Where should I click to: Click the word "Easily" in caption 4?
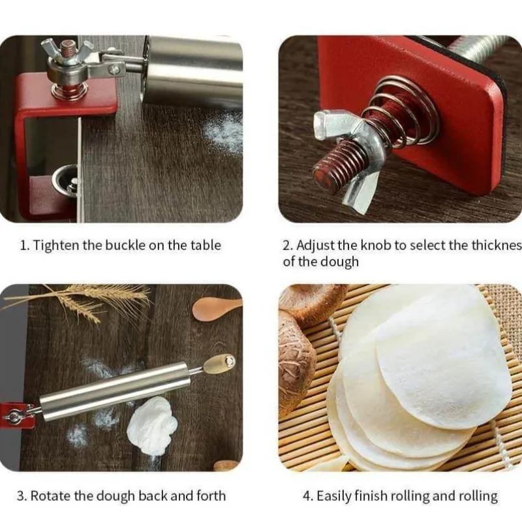pos(333,496)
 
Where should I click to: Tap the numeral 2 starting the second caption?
pos(286,246)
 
